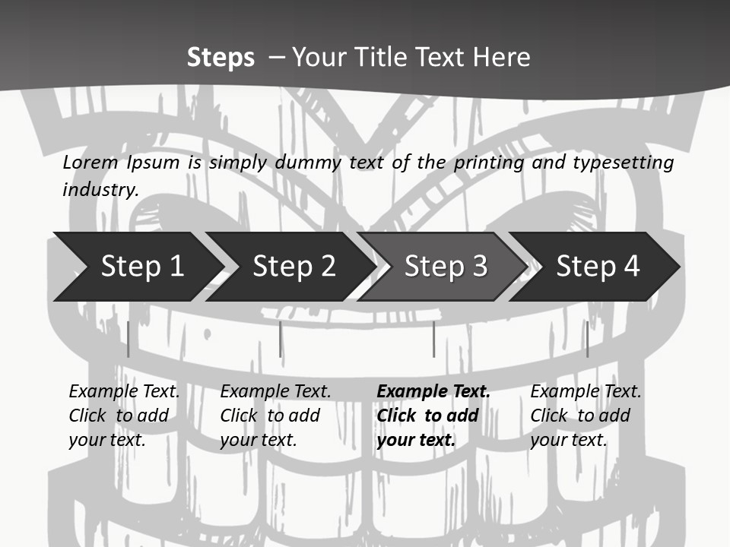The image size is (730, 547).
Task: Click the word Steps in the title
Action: click(x=221, y=58)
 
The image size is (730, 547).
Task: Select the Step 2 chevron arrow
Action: click(x=294, y=267)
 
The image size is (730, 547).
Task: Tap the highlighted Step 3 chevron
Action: click(x=445, y=267)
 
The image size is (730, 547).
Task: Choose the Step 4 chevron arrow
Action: click(x=597, y=267)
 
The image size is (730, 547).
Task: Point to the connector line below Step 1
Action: click(x=129, y=339)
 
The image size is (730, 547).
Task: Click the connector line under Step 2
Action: click(x=280, y=339)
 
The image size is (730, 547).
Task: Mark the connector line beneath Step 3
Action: click(x=433, y=339)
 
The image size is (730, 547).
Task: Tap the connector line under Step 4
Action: click(x=587, y=339)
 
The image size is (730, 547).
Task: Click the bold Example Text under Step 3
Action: click(x=433, y=416)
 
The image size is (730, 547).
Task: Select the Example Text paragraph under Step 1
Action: click(x=124, y=416)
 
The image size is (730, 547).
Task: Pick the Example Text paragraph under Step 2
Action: click(x=275, y=416)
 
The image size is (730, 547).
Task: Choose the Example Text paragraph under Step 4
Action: click(x=586, y=416)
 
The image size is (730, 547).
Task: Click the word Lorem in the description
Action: click(x=90, y=163)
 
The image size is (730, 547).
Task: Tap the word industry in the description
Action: click(x=100, y=190)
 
